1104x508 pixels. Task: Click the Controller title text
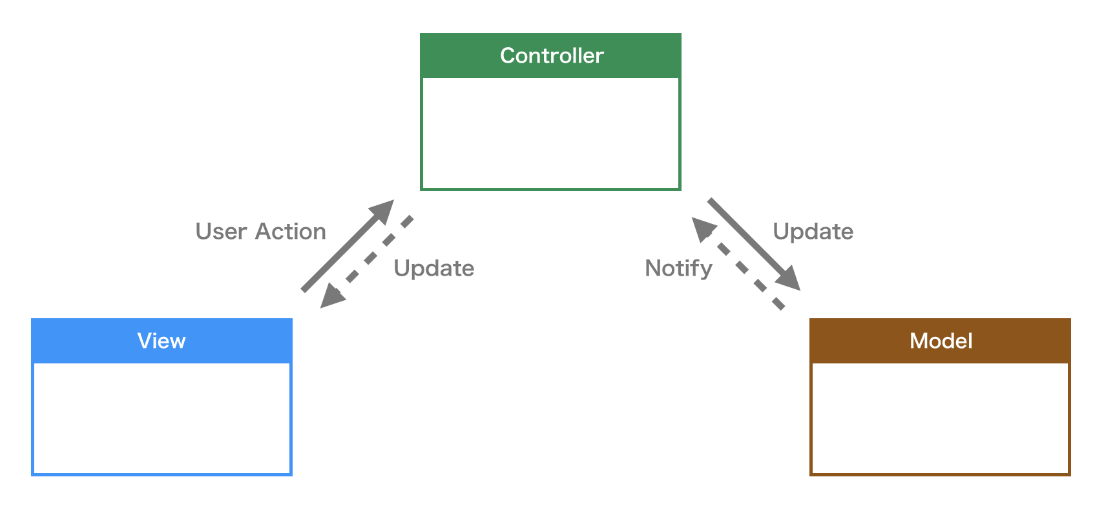coord(552,56)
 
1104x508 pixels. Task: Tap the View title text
coord(161,341)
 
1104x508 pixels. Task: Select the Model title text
coord(941,341)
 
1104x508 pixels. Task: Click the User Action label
coord(260,232)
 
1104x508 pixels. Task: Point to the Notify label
coord(678,268)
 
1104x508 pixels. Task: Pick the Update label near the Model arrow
coord(813,232)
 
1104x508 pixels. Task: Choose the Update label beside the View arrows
coord(433,268)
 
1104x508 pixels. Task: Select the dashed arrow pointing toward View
coord(375,255)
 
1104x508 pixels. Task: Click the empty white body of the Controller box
coord(550,133)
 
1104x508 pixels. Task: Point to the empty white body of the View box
coord(161,418)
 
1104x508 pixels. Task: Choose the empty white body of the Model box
coord(940,418)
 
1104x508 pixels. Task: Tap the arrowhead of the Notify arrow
coord(702,228)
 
